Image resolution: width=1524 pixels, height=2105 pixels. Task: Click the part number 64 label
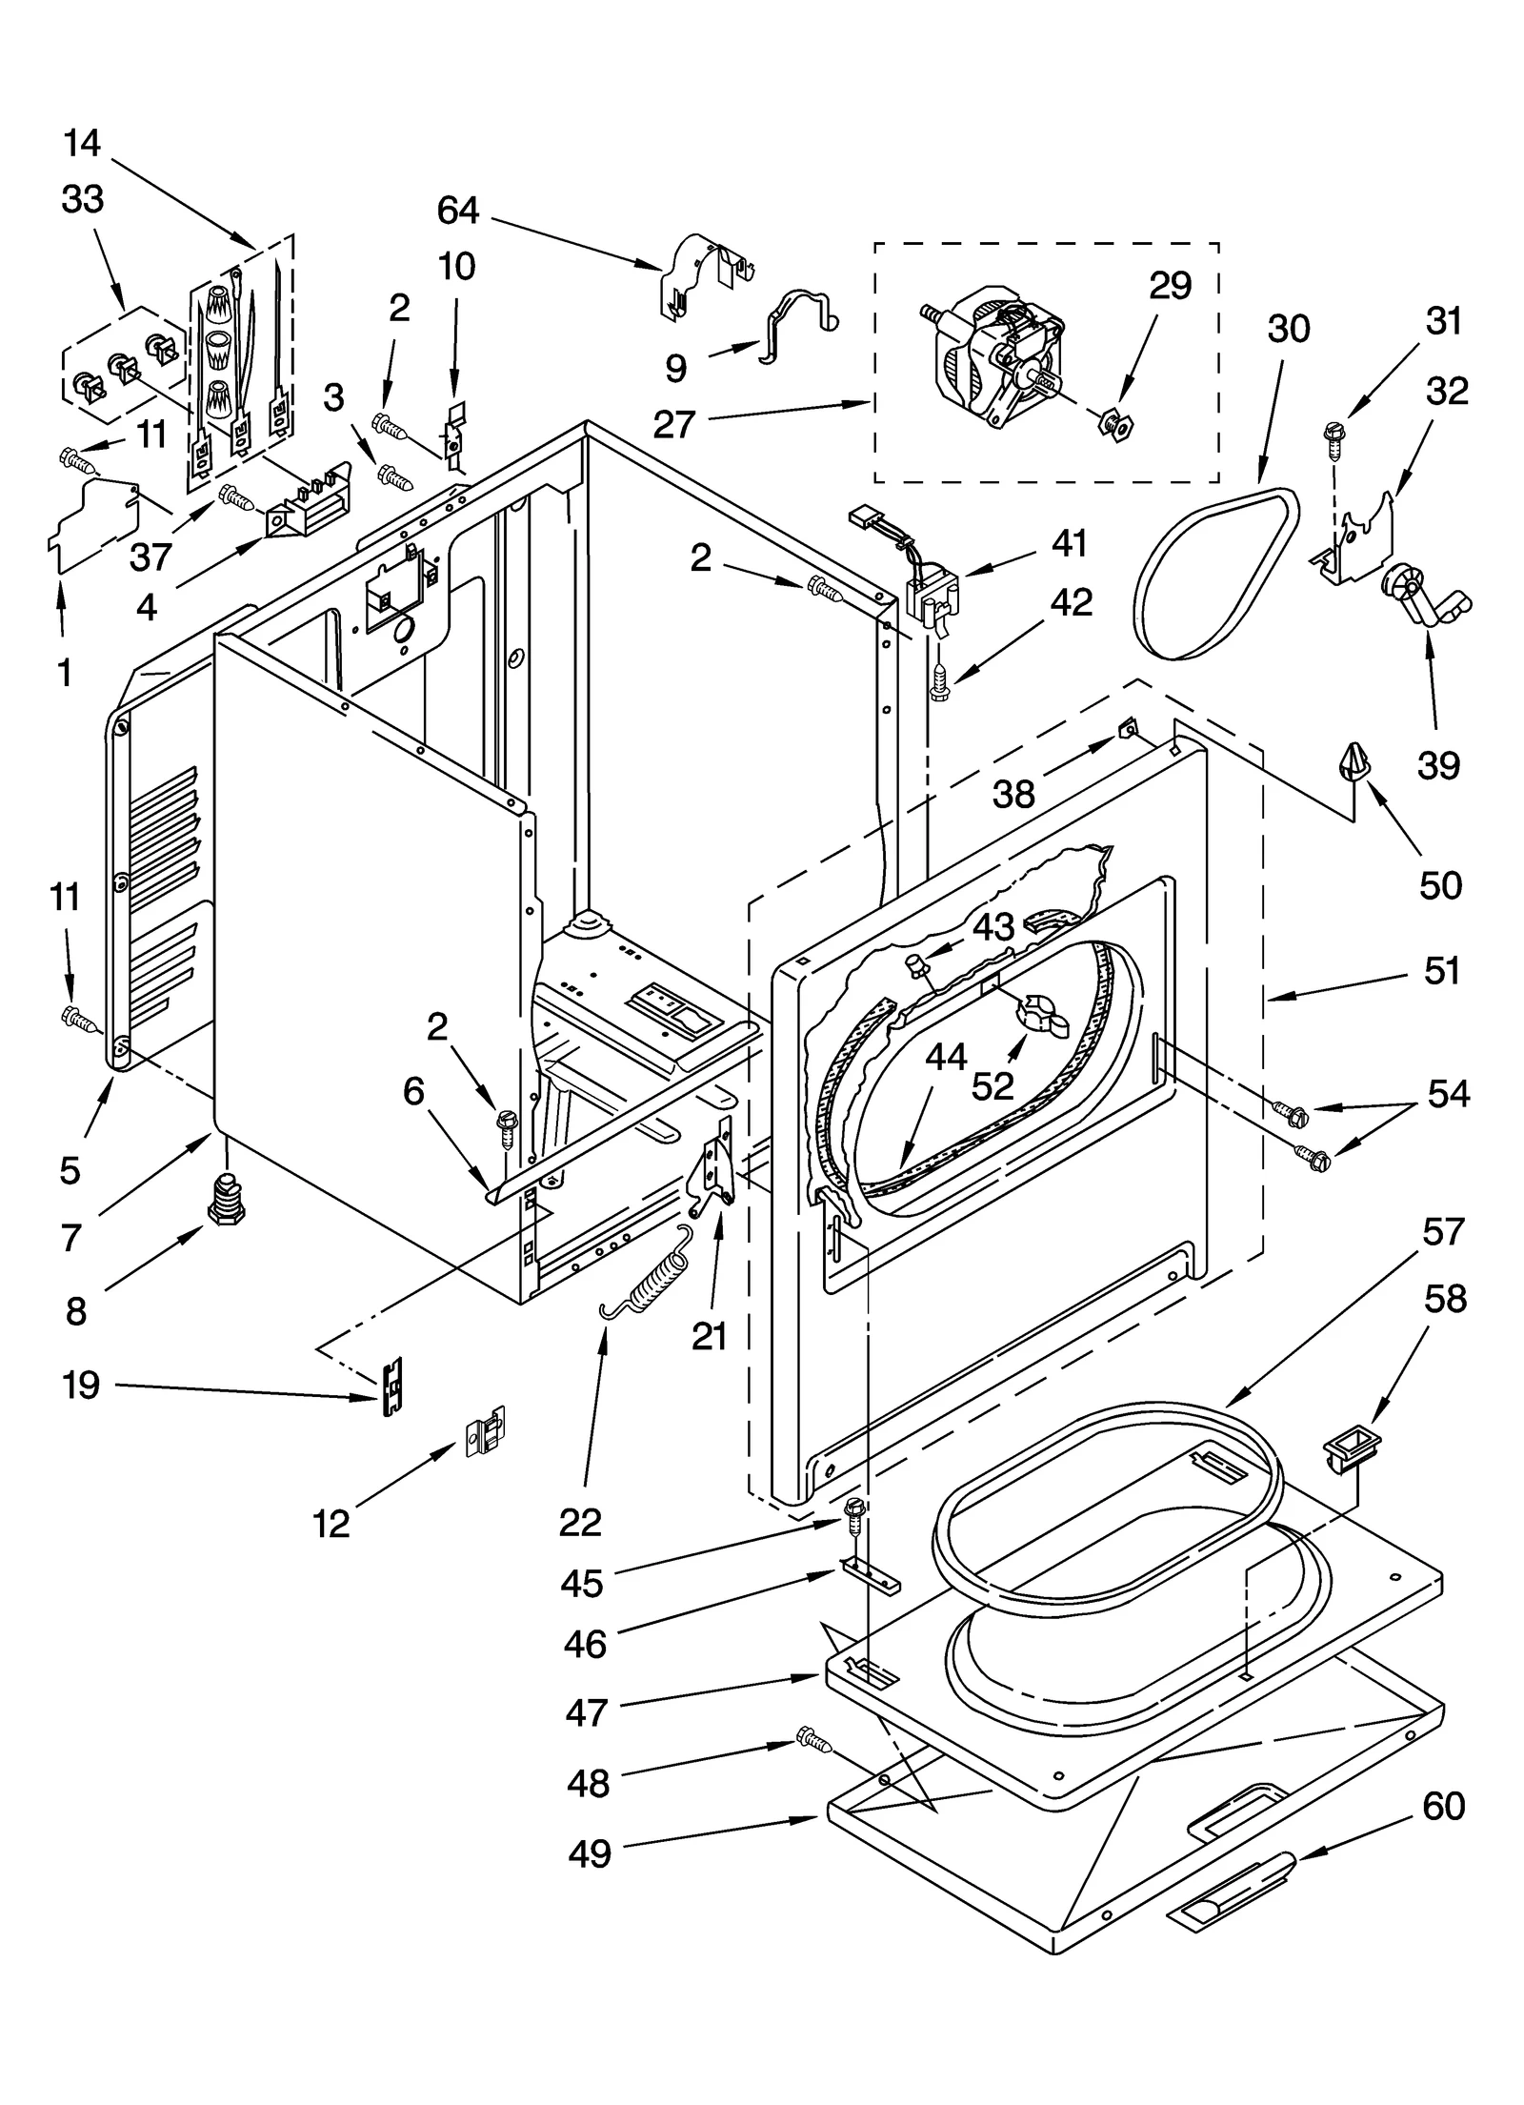[x=457, y=211]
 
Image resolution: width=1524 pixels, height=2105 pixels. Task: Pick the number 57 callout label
[x=1441, y=1232]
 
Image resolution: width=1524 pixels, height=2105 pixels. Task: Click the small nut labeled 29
[x=1113, y=423]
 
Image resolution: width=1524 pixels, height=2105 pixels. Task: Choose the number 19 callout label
[x=81, y=1385]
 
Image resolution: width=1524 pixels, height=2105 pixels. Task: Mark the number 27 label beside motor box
[x=673, y=423]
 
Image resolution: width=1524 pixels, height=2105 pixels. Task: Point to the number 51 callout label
[x=1441, y=970]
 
